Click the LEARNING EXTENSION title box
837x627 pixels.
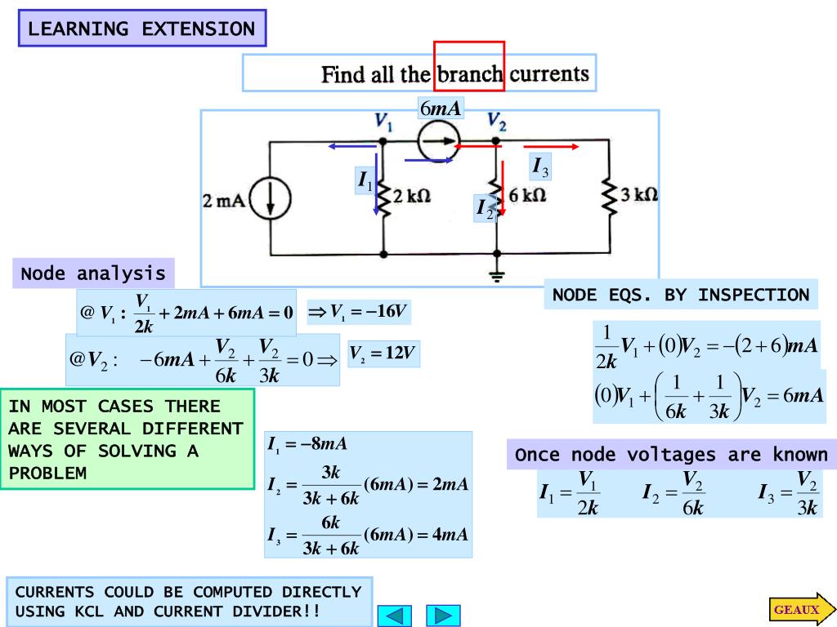pyautogui.click(x=142, y=29)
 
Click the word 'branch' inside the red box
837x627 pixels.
pyautogui.click(x=469, y=74)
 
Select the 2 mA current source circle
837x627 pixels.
pyautogui.click(x=271, y=199)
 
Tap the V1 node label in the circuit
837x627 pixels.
pyautogui.click(x=383, y=122)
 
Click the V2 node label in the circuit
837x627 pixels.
pyautogui.click(x=496, y=122)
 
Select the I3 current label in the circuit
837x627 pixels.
pyautogui.click(x=540, y=167)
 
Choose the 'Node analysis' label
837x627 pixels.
pyautogui.click(x=93, y=273)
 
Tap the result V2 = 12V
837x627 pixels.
pyautogui.click(x=383, y=354)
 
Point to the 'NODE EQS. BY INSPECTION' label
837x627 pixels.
pyautogui.click(x=681, y=295)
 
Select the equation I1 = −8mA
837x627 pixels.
pyautogui.click(x=308, y=445)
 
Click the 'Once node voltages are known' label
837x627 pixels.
pyautogui.click(x=671, y=455)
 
